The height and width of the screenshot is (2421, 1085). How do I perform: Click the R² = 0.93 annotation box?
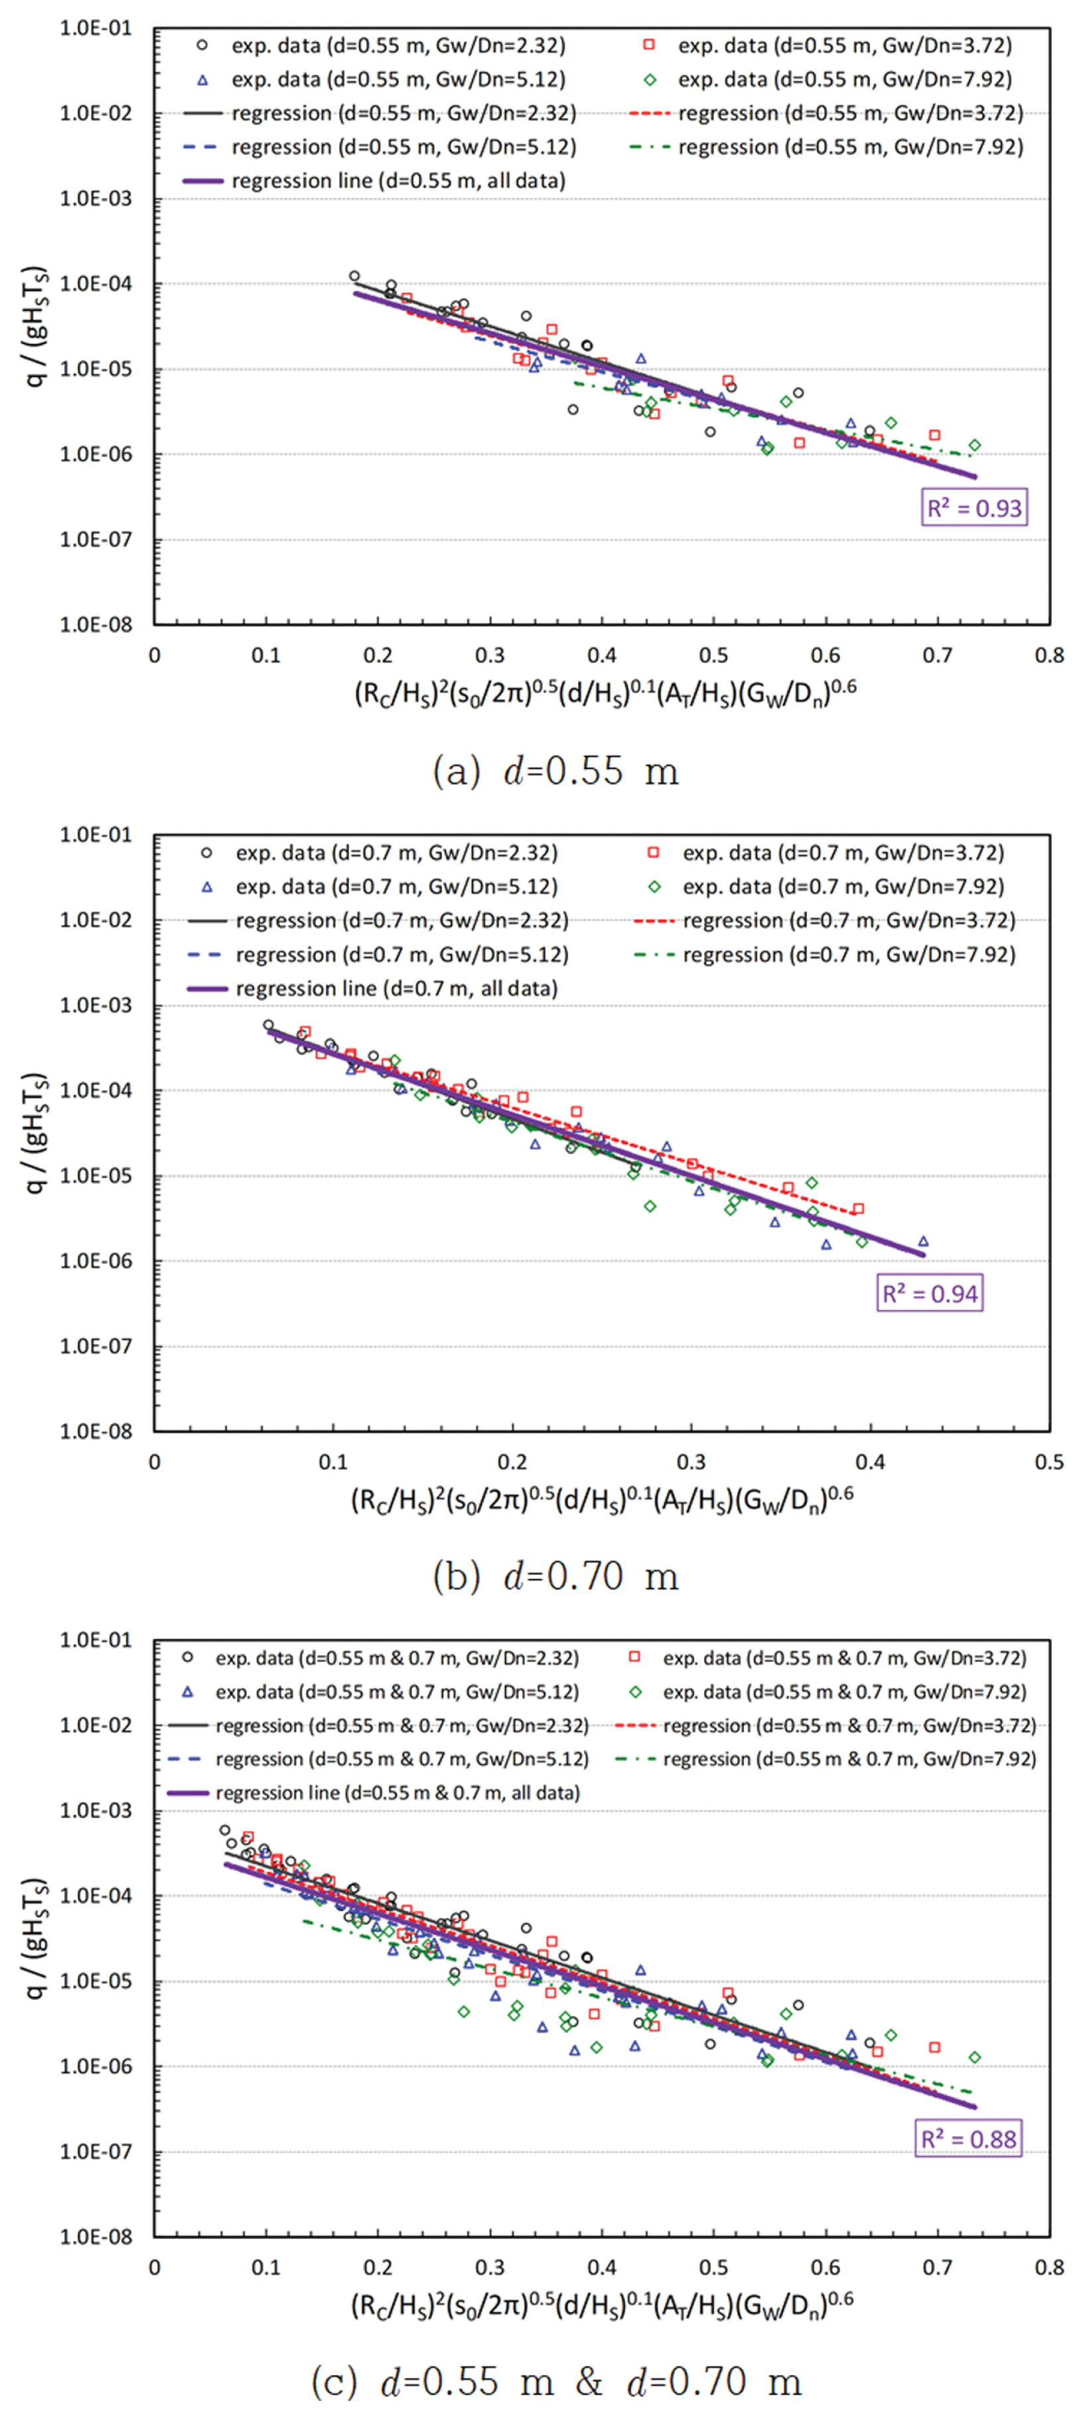click(974, 509)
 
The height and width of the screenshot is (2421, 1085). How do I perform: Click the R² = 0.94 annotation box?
click(929, 1294)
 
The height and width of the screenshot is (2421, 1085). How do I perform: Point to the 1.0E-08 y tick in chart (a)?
click(96, 625)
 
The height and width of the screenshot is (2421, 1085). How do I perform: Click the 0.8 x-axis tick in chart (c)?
click(1049, 2268)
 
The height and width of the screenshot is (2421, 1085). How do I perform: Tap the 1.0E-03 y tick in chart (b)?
click(96, 1005)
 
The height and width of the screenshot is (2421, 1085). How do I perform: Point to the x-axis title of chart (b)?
click(602, 1501)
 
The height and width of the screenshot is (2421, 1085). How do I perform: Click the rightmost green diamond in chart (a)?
click(975, 446)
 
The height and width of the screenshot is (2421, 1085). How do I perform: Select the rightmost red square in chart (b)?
click(857, 1209)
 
